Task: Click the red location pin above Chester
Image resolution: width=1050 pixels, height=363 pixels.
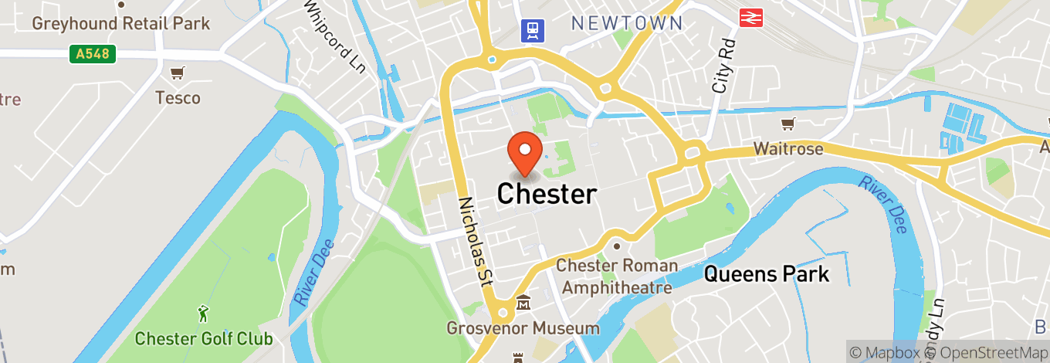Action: (525, 153)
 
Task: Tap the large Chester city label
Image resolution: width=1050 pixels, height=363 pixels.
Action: (547, 194)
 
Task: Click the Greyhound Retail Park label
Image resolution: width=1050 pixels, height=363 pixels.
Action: (120, 23)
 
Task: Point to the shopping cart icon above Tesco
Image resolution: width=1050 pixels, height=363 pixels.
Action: (178, 74)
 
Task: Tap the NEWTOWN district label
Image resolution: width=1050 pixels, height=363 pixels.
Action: (627, 23)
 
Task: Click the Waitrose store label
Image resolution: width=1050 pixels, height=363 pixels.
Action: (788, 148)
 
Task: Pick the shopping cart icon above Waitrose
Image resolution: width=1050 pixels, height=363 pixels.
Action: (788, 124)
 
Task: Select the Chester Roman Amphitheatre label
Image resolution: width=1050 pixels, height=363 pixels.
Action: (618, 276)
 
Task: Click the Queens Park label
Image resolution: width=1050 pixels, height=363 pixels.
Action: (767, 273)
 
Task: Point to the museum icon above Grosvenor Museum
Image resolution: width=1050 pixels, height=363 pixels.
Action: (523, 303)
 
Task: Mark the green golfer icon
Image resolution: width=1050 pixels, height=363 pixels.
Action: (203, 314)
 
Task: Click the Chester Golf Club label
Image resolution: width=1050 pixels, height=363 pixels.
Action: (204, 338)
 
